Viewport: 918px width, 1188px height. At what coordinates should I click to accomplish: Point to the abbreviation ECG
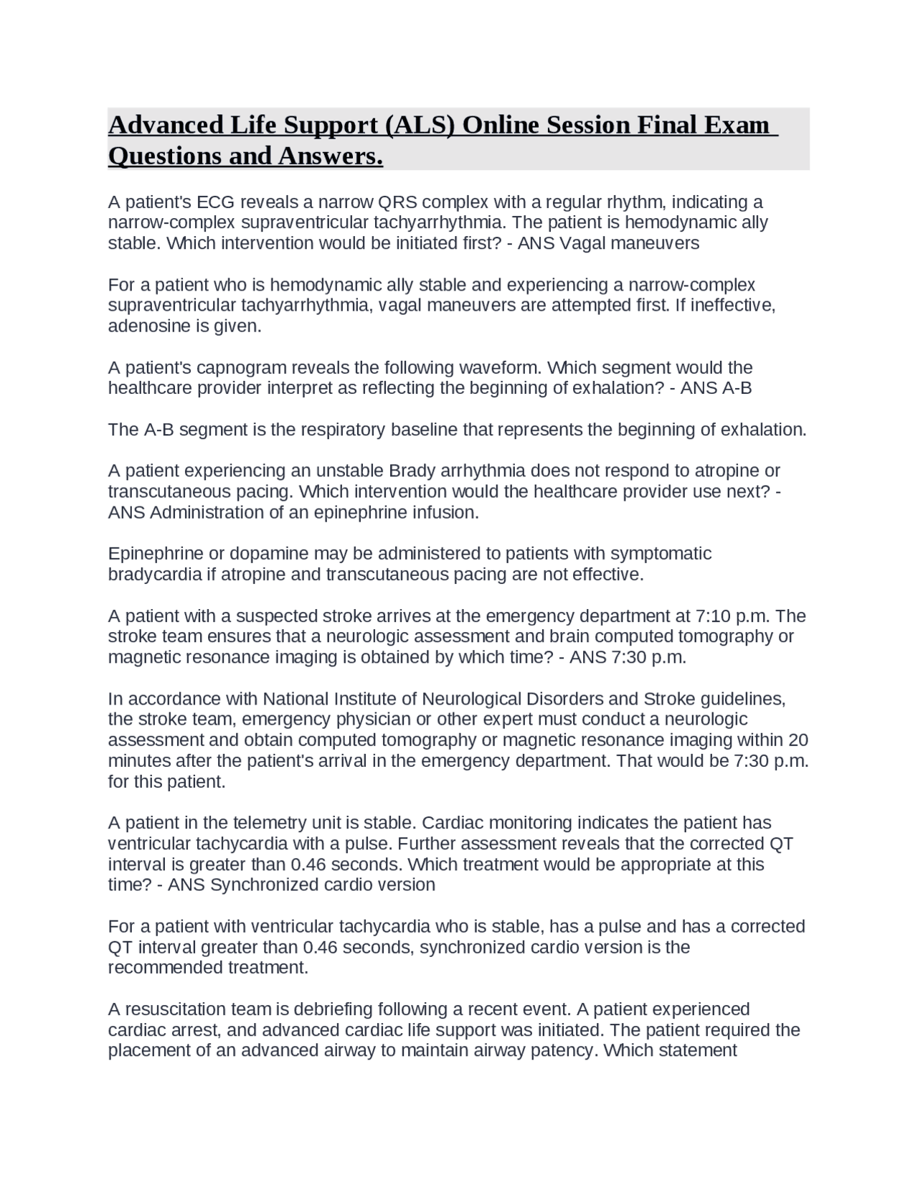pos(214,202)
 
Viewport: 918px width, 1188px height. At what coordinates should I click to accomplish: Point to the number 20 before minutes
pos(798,740)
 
